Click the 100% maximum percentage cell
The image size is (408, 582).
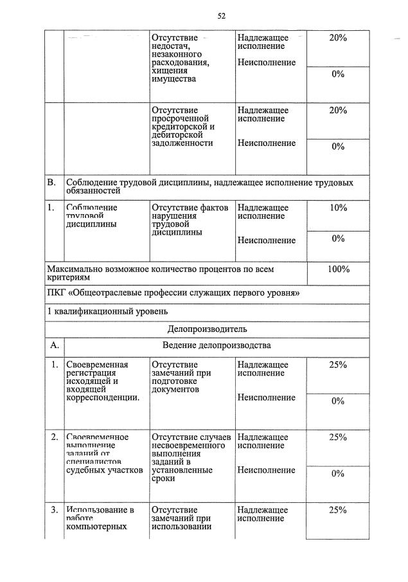tap(338, 269)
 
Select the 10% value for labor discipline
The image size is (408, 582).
tap(338, 208)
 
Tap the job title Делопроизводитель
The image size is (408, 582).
tap(207, 329)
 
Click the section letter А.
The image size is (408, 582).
tap(55, 345)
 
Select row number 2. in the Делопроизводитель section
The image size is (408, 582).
tap(55, 437)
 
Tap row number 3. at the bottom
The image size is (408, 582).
tap(55, 510)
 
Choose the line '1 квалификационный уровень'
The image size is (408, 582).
tap(107, 312)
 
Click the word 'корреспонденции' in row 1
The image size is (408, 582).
tap(103, 397)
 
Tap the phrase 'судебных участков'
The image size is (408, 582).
tap(104, 470)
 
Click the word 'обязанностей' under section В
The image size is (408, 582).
tap(93, 192)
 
